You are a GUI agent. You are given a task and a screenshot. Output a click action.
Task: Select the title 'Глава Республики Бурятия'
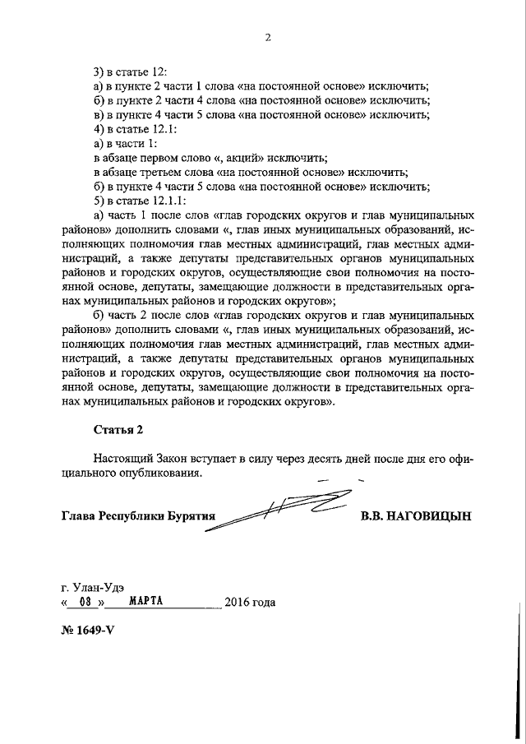137,517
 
